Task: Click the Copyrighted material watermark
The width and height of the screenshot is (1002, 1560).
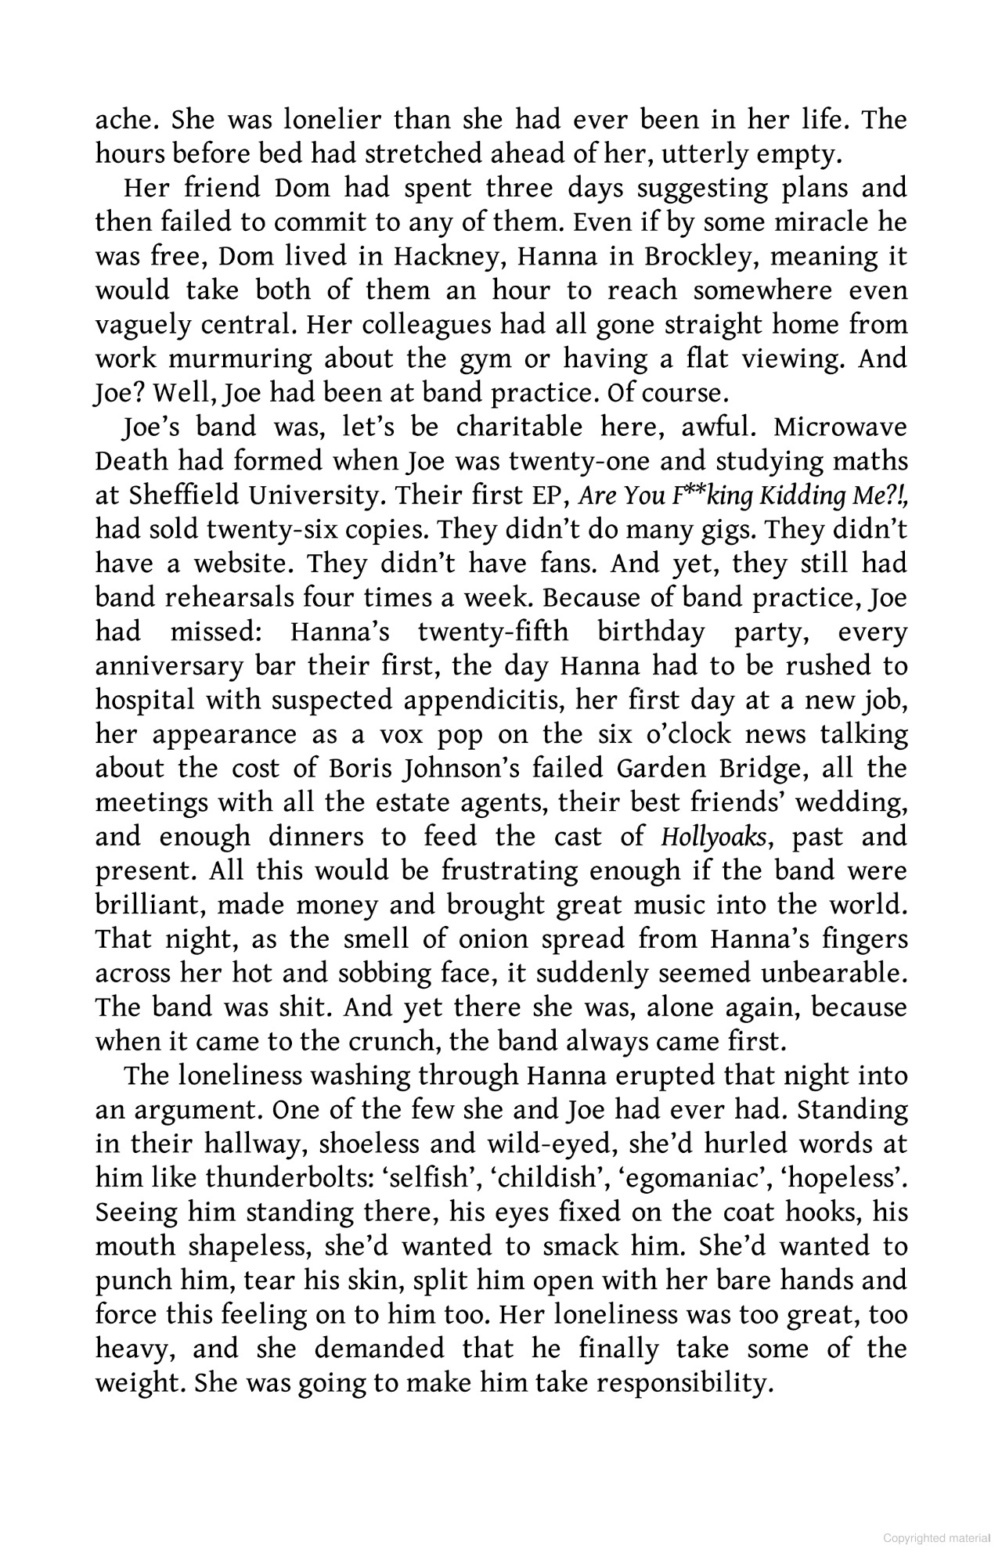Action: pyautogui.click(x=936, y=1538)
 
